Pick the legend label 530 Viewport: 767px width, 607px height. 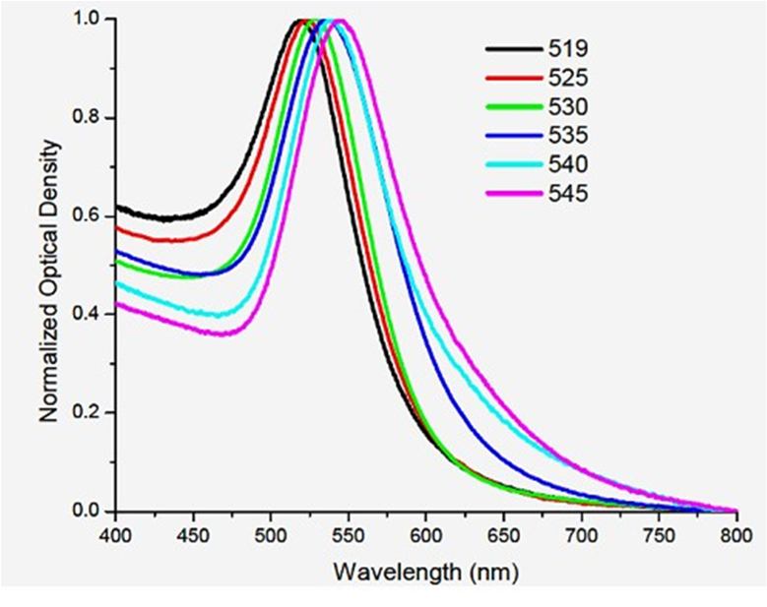tap(569, 105)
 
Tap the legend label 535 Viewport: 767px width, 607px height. tap(569, 135)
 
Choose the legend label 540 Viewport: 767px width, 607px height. tap(569, 163)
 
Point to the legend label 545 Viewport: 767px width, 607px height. tap(569, 193)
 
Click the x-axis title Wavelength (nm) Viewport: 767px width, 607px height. tap(425, 571)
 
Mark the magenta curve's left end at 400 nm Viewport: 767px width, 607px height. tap(117, 304)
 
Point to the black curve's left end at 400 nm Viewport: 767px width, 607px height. tap(117, 206)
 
